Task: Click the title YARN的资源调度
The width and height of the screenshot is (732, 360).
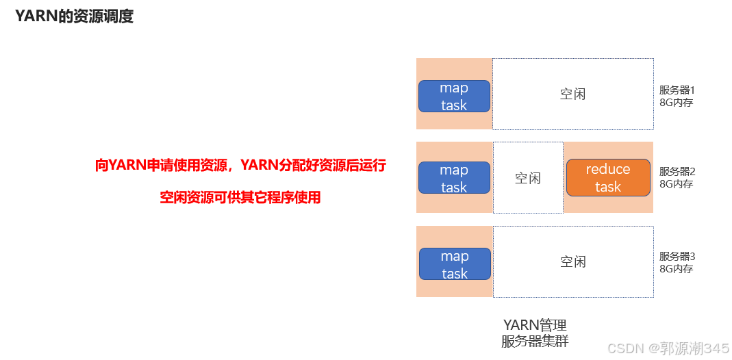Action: pos(74,17)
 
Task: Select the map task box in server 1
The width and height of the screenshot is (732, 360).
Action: pos(454,97)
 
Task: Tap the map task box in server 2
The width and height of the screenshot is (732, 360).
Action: pos(454,179)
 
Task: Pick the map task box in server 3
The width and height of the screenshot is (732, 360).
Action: pos(455,264)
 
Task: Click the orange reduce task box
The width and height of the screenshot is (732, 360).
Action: pos(608,178)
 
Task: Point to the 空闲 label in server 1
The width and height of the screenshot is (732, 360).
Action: pos(572,94)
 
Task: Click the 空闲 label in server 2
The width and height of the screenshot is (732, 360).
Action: pos(528,178)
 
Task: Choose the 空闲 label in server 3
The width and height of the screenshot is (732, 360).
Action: pos(573,261)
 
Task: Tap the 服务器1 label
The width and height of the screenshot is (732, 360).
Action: pos(677,90)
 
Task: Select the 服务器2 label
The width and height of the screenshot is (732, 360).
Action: pos(677,172)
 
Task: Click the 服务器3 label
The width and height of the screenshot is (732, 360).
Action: pos(677,257)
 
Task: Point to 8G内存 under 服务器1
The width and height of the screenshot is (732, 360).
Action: pos(676,103)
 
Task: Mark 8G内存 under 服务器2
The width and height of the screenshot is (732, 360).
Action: pos(676,184)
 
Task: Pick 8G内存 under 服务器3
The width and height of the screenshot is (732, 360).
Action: pos(676,269)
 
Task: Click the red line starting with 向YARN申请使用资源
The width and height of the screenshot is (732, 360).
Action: pos(241,165)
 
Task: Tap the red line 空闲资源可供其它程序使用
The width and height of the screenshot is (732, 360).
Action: pos(240,198)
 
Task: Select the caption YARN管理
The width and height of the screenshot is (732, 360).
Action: pos(535,324)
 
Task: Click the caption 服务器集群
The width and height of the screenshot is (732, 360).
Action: pos(535,340)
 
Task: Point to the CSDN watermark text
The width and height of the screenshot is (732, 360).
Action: pos(668,348)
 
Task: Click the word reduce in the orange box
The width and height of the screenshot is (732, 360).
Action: pos(608,169)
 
